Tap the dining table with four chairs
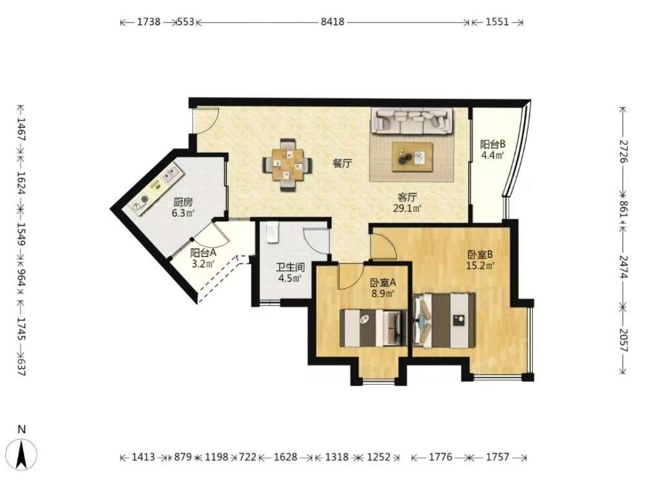pos(287,165)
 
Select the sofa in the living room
pos(412,121)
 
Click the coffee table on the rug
pos(412,157)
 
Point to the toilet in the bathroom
pos(273,233)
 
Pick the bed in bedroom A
pos(373,328)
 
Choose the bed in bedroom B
pos(444,320)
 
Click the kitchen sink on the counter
pos(170,174)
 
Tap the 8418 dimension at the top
pos(333,22)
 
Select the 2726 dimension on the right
pos(623,151)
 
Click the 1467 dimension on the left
pos(21,129)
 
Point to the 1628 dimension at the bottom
pos(286,457)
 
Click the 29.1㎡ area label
pos(407,208)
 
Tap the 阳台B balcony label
pos(493,145)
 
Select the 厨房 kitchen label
pos(183,202)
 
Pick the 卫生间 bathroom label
pos(291,267)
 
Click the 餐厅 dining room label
pos(342,164)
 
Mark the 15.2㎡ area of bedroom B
pos(480,266)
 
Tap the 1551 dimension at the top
pos(497,22)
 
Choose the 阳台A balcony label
pos(203,253)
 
